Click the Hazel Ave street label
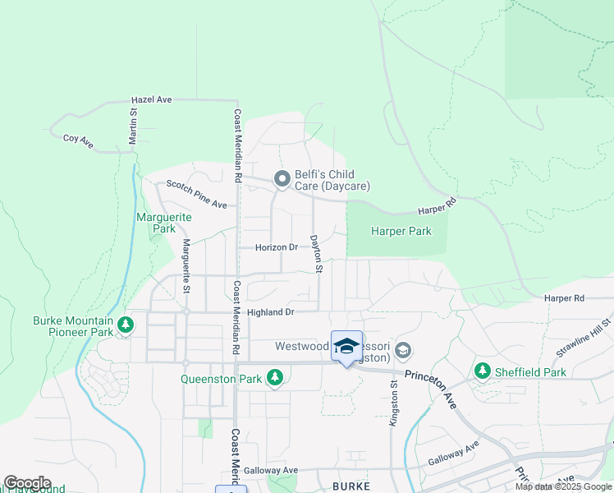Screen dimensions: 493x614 [x=152, y=99]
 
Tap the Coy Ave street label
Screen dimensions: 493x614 [x=79, y=140]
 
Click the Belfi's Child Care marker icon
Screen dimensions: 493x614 [x=282, y=179]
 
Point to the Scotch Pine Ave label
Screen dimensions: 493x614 [x=197, y=194]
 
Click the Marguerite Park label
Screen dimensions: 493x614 [x=163, y=223]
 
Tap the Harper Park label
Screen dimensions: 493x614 [x=401, y=232]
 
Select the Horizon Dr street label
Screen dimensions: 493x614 [x=276, y=247]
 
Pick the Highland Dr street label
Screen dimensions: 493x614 [x=270, y=312]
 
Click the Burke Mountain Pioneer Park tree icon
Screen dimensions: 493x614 [x=126, y=326]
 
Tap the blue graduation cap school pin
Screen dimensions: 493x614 [x=346, y=346]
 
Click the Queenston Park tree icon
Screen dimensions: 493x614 [x=276, y=378]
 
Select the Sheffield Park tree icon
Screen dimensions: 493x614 [x=482, y=372]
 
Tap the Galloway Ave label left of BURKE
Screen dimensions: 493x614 [x=276, y=470]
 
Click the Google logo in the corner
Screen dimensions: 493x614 [x=27, y=483]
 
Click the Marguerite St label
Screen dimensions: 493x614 [x=186, y=265]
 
